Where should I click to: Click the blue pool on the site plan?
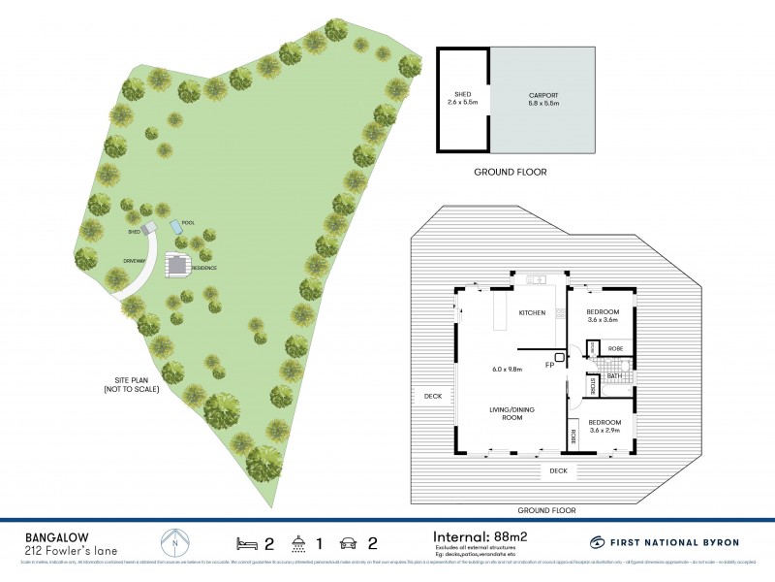(176, 226)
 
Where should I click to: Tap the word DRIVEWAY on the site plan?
(134, 261)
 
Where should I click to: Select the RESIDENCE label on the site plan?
(203, 268)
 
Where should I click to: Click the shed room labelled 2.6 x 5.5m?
(460, 98)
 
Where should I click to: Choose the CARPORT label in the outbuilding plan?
(544, 96)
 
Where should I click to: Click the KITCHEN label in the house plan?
(533, 312)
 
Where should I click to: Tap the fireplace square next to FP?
(560, 356)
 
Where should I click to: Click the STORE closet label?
(593, 387)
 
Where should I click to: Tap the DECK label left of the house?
(432, 396)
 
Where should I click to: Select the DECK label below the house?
(558, 470)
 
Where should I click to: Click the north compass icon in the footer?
(173, 541)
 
